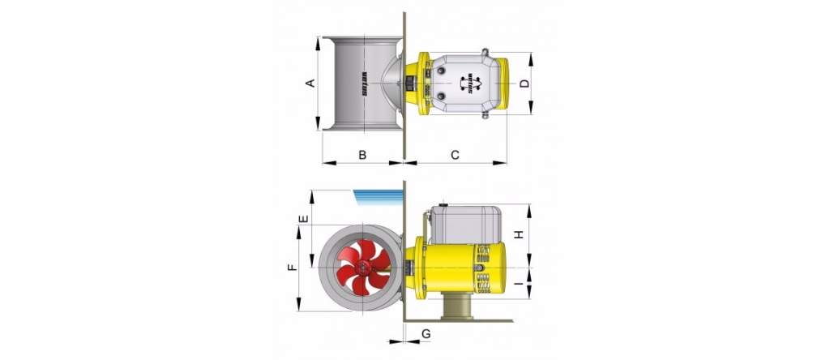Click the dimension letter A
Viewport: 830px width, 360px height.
click(x=311, y=84)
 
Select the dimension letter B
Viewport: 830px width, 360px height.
click(x=362, y=155)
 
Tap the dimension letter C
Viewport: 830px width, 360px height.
click(x=455, y=155)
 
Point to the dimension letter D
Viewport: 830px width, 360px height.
click(x=524, y=84)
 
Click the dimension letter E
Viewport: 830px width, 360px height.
click(x=303, y=219)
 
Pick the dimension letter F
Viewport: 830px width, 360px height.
click(x=292, y=268)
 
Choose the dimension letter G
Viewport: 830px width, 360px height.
click(x=426, y=333)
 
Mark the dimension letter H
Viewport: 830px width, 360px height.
click(x=520, y=234)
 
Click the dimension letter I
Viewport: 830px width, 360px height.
click(x=520, y=284)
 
